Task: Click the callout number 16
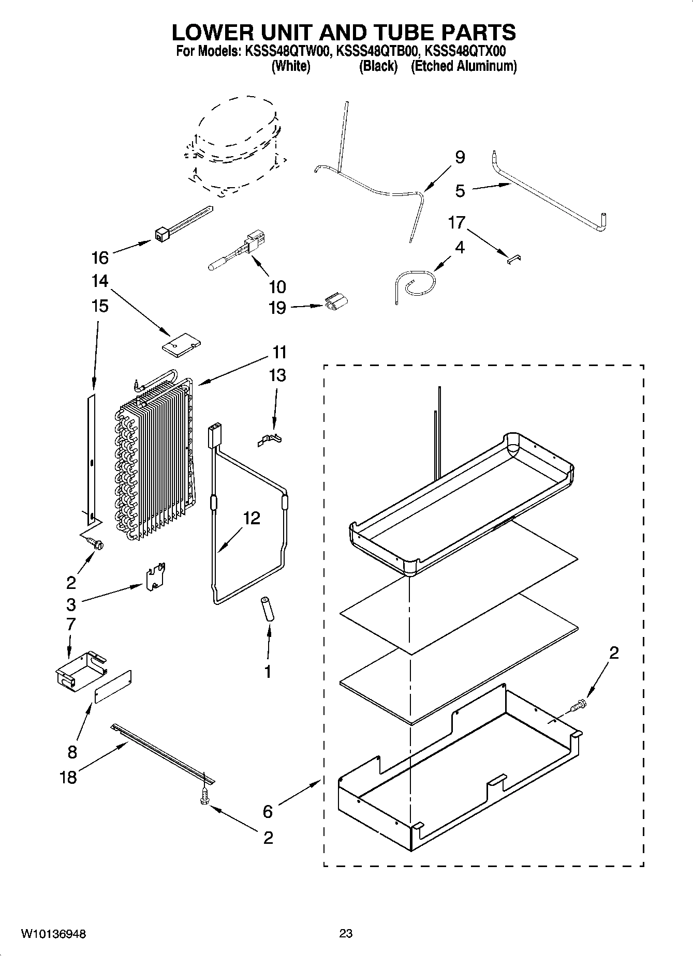(x=100, y=257)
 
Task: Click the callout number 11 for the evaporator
(x=279, y=353)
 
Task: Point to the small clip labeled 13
(x=271, y=439)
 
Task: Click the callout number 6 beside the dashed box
(x=267, y=811)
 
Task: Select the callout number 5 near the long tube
(x=460, y=191)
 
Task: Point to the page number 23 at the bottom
(x=346, y=933)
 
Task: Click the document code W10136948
(x=53, y=934)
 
